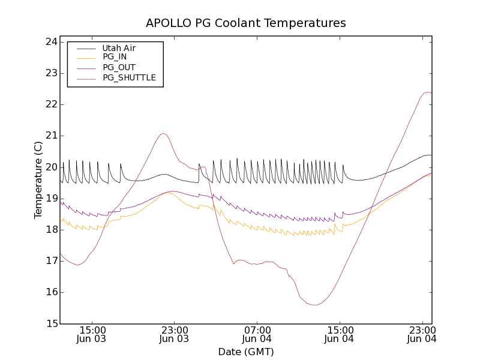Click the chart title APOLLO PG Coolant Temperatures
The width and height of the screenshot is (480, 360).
click(246, 23)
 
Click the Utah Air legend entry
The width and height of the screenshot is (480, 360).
click(118, 48)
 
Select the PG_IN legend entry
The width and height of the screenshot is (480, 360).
click(115, 57)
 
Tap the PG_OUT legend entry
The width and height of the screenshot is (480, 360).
click(119, 67)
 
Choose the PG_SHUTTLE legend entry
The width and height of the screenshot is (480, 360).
click(129, 77)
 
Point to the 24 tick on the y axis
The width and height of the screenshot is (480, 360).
click(51, 42)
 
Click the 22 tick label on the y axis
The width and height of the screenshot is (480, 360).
click(51, 104)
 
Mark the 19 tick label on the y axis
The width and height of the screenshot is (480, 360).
click(51, 199)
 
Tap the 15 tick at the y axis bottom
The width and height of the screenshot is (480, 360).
click(51, 324)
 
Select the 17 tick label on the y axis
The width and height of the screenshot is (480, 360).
click(51, 261)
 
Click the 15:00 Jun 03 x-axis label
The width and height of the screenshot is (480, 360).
click(92, 334)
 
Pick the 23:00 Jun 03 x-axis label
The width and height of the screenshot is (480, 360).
click(175, 334)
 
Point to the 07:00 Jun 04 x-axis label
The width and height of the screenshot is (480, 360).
click(257, 334)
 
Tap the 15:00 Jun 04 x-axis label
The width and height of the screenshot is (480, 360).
click(340, 334)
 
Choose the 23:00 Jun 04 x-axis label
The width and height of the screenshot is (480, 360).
click(422, 334)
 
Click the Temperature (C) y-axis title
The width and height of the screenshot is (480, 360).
click(38, 180)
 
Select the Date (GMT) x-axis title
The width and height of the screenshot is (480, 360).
click(246, 352)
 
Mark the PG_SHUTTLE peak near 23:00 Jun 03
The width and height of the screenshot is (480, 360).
click(163, 133)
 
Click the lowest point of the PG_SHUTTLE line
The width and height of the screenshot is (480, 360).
click(314, 305)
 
